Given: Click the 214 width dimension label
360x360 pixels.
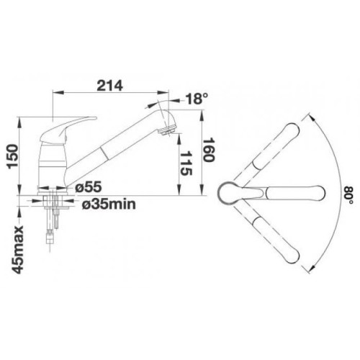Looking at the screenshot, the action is pos(109,86).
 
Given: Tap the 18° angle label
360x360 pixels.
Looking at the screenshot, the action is pos(197,99).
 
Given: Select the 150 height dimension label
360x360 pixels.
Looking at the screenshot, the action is pos(13,156).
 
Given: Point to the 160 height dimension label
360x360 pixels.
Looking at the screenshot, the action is pos(209,150).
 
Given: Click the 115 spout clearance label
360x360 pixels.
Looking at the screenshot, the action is pos(186,163).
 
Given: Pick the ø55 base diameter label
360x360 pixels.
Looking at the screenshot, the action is pos(88,187).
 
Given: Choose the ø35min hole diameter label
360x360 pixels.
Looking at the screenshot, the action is pos(109,204).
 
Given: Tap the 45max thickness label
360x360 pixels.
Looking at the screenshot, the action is pos(18,250).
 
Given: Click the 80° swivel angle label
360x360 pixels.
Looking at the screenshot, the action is pos(348,195).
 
